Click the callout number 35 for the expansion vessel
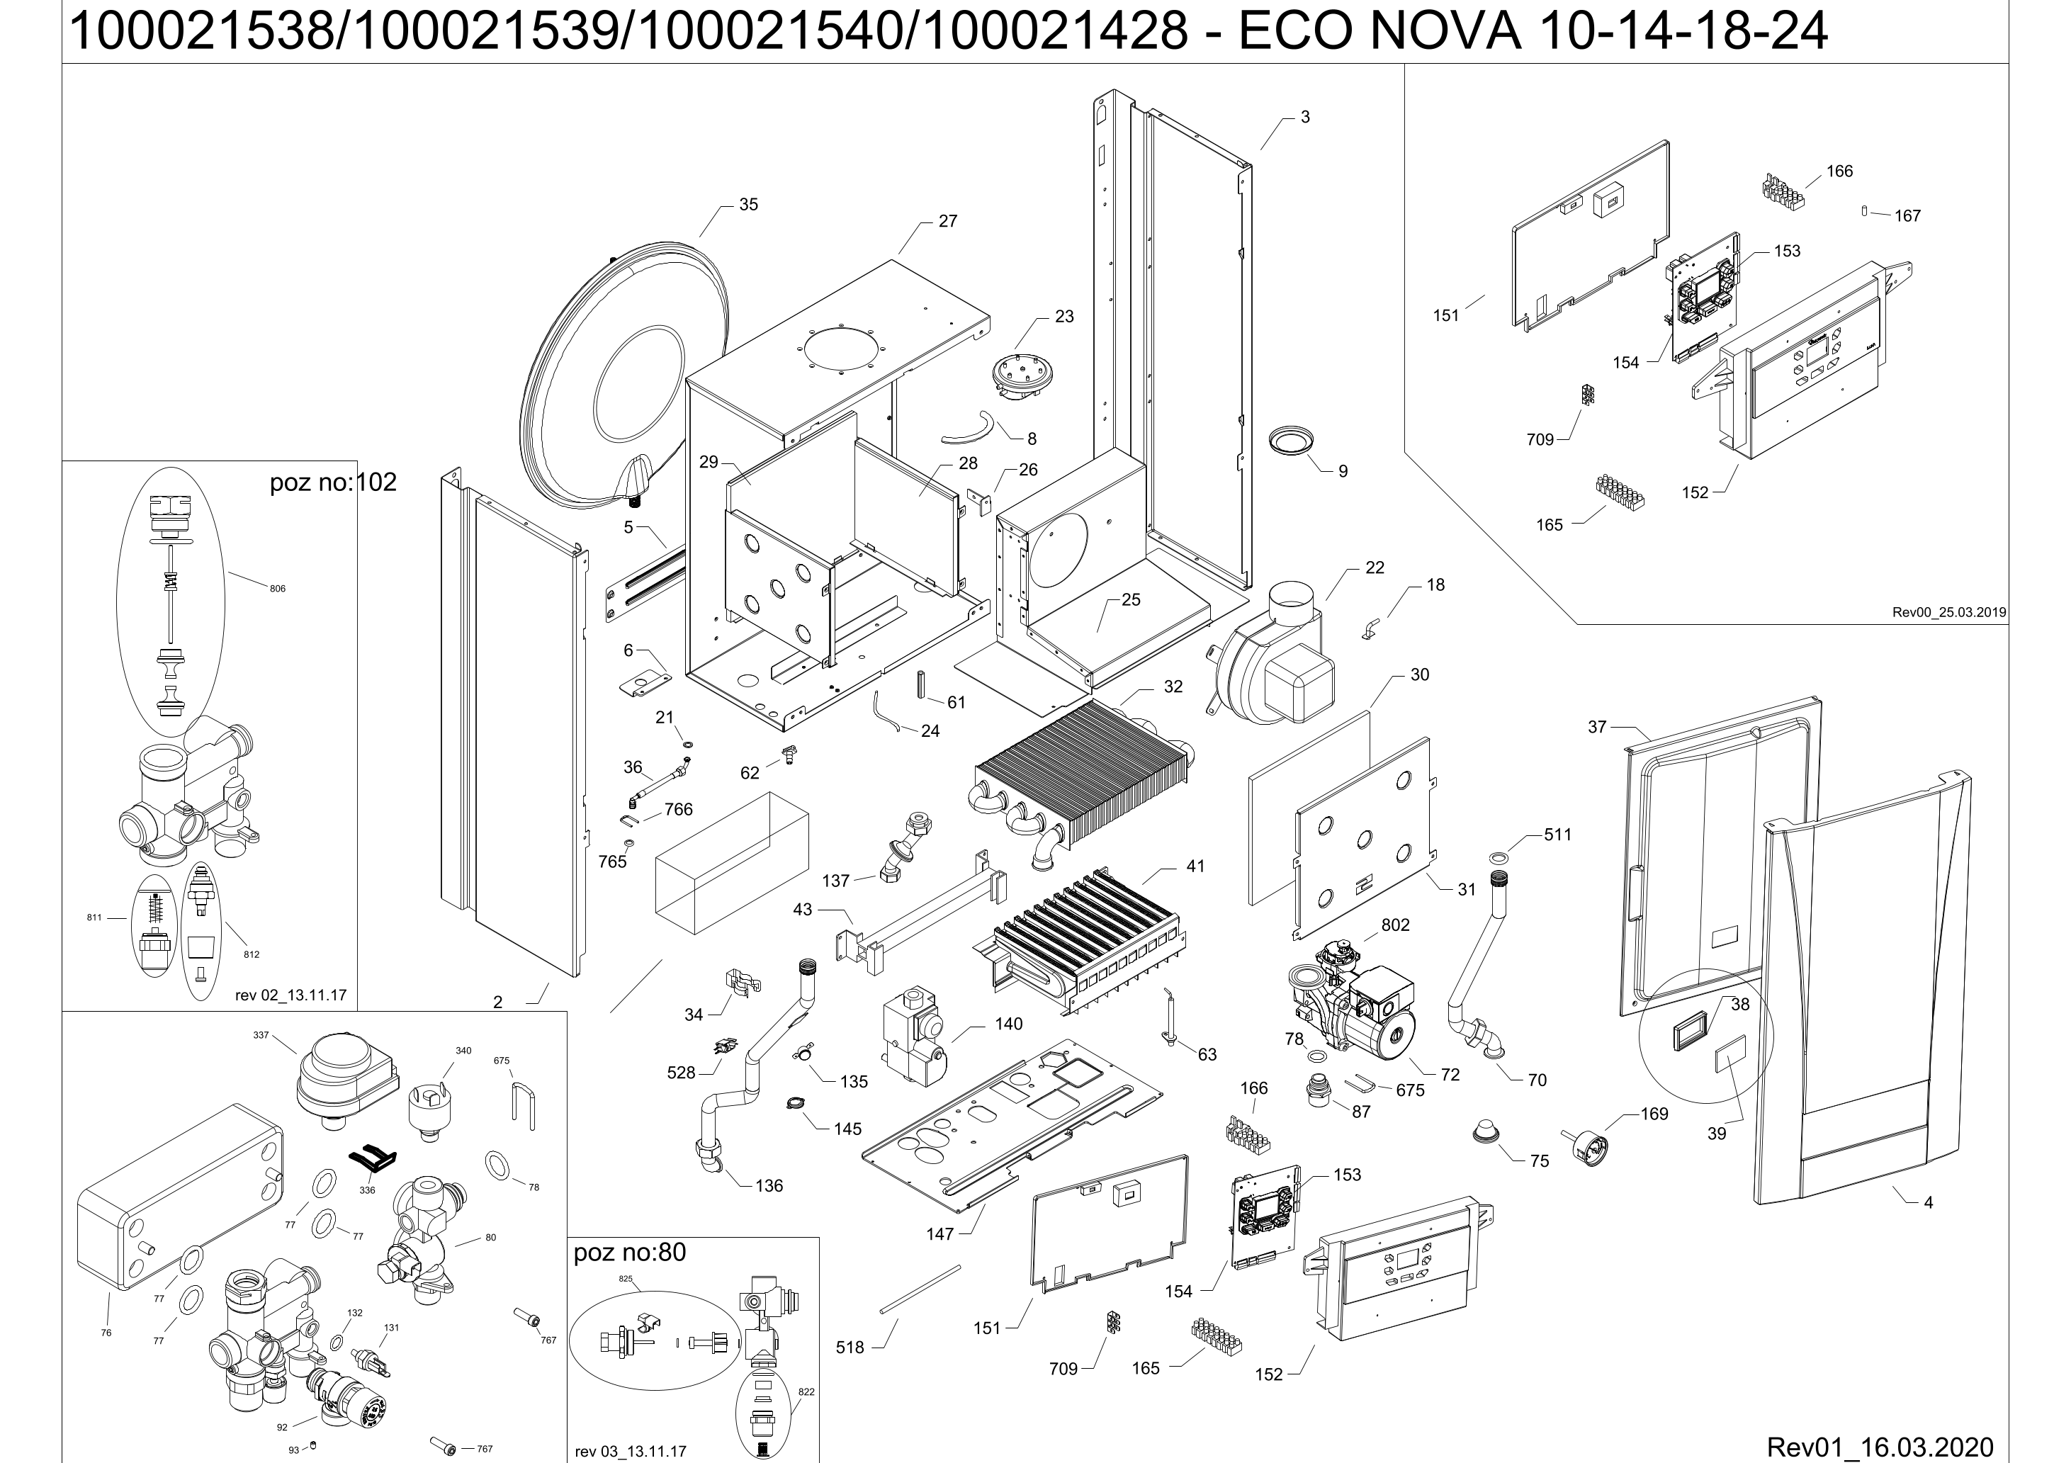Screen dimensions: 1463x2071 (x=747, y=205)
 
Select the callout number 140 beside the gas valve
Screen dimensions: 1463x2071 (x=1008, y=1024)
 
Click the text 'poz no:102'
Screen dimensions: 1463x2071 (x=333, y=482)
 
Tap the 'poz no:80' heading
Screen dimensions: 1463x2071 (x=630, y=1252)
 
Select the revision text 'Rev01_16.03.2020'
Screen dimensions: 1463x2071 (x=1880, y=1447)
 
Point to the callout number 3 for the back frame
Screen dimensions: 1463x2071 (x=1304, y=118)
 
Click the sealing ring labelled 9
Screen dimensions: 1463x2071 (x=1291, y=442)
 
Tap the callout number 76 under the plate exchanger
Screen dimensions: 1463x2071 (x=106, y=1332)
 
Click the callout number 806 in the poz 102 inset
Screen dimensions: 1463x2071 (x=277, y=589)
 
